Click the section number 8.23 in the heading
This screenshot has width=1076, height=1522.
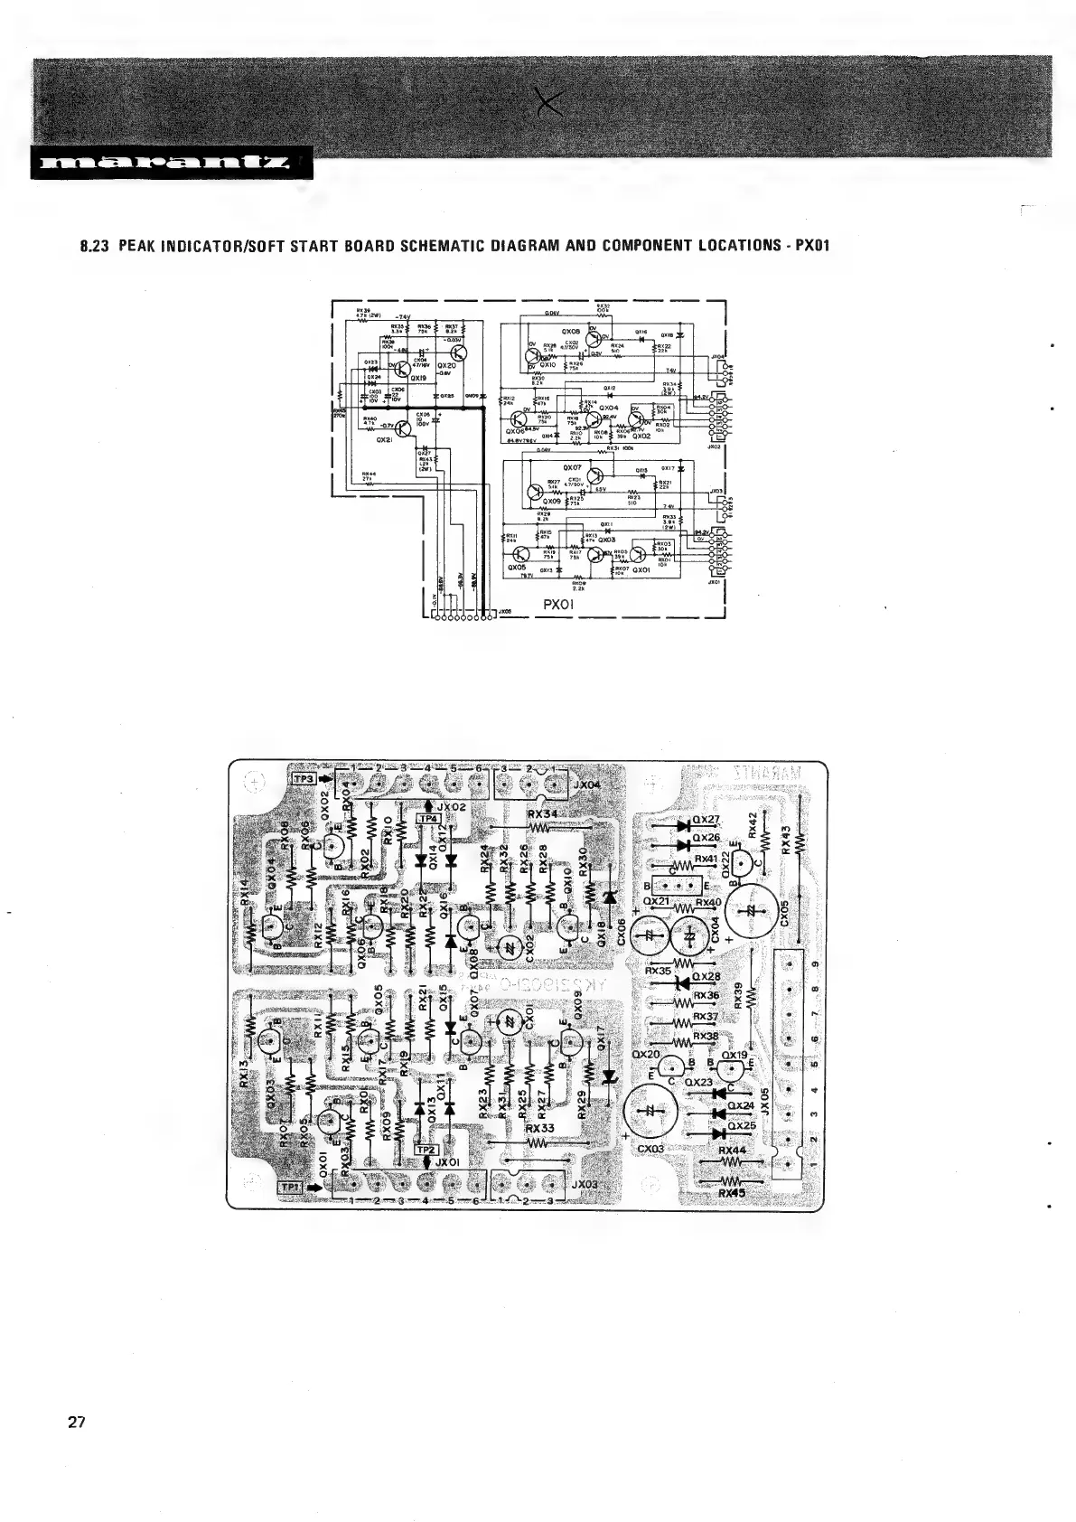[x=96, y=246]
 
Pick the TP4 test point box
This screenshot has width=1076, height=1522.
[x=427, y=819]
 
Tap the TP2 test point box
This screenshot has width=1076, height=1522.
[x=426, y=1149]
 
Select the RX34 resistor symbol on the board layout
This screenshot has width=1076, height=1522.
[x=540, y=826]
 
